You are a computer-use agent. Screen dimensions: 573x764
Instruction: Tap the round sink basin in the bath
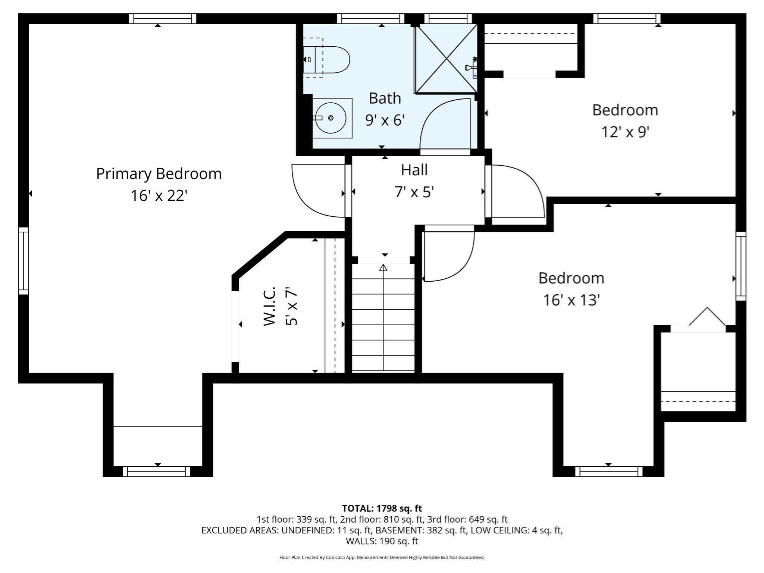point(331,118)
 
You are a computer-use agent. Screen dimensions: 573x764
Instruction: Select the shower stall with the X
point(446,59)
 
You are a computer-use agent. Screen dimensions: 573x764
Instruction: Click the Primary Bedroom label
point(159,174)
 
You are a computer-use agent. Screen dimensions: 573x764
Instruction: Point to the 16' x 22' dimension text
point(159,196)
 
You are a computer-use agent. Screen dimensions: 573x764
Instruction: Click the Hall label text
point(414,170)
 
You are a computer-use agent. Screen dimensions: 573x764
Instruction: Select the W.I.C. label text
point(269,306)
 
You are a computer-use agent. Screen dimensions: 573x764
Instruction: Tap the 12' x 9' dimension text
point(625,132)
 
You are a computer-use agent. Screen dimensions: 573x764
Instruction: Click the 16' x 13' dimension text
point(571,300)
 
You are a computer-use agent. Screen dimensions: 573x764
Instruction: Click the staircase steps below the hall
point(383,325)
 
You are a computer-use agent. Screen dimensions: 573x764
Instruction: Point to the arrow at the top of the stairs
point(383,267)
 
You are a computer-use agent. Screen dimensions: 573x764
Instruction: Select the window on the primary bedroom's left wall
point(24,261)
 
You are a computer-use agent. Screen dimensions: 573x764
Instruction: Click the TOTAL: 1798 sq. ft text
point(382,508)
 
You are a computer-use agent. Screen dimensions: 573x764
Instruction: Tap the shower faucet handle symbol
point(470,67)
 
